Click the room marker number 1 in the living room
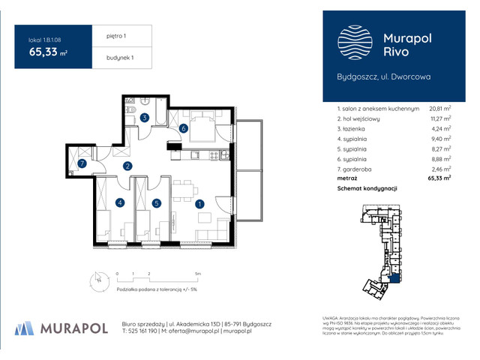coord(199,202)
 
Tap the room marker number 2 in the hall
coord(127,166)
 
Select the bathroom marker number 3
coord(144,118)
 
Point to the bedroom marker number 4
coord(119,202)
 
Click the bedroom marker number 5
coord(156,202)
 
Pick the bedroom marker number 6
coord(183,128)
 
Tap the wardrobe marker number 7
coord(82,163)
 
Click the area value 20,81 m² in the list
coord(439,109)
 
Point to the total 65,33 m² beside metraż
coord(439,178)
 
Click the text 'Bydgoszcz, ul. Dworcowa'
coord(382,76)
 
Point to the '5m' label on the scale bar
coord(197,274)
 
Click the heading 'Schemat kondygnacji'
coord(367,189)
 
